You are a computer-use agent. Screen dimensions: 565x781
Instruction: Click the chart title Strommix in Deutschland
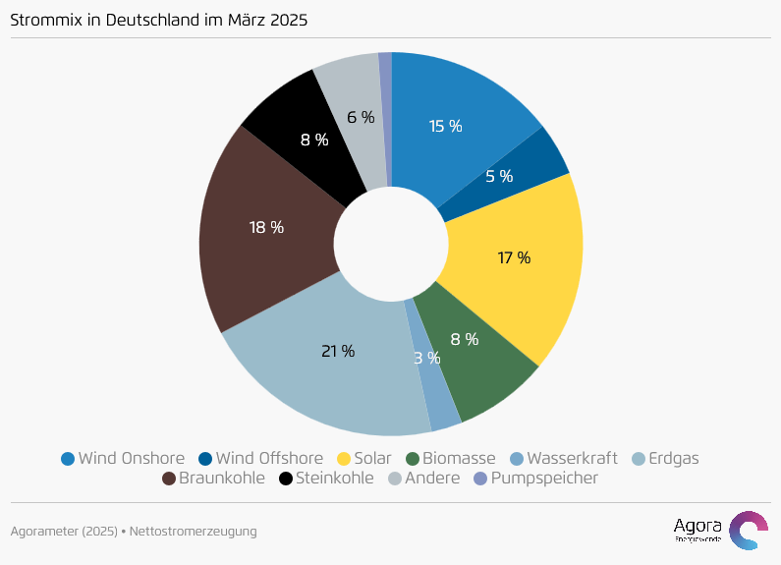158,20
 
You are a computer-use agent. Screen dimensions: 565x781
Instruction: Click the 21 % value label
338,351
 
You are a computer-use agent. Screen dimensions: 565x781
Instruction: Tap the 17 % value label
514,257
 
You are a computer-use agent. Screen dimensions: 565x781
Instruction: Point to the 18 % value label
266,227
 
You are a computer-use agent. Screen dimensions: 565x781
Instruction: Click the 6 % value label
361,117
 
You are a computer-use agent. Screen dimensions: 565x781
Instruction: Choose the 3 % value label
426,358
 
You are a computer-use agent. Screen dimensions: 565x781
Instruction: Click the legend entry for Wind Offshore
260,458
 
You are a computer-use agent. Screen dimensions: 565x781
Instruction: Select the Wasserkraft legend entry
564,458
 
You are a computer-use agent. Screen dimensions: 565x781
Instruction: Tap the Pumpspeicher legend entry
535,479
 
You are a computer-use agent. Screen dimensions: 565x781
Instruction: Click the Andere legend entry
423,479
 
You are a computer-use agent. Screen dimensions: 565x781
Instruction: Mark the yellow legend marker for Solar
344,459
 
